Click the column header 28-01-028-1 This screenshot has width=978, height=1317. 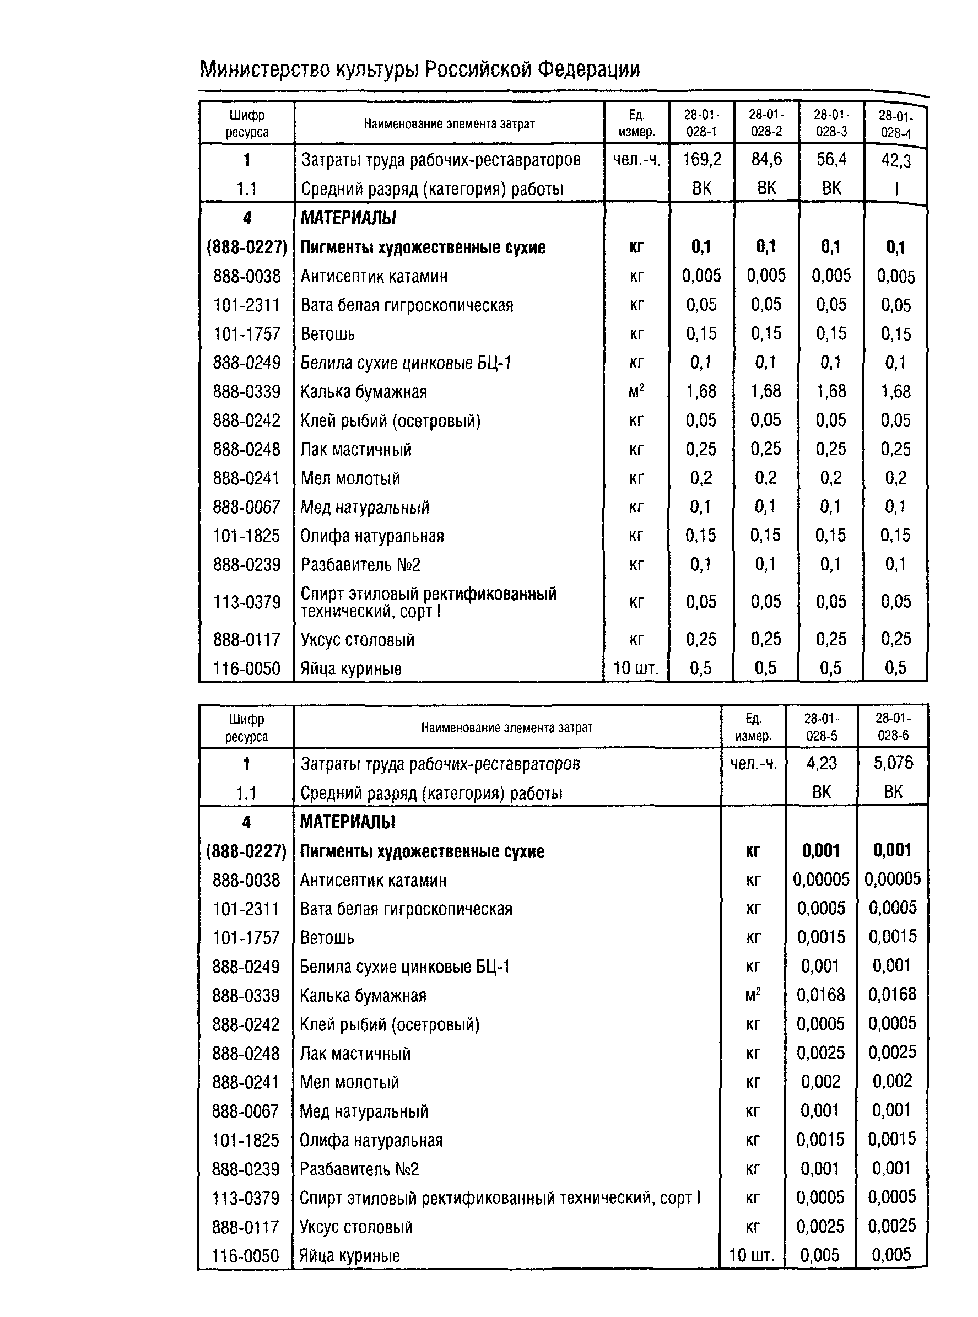coord(701,123)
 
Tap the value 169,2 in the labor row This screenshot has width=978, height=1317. coord(701,159)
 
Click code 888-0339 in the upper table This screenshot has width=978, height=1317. coord(246,392)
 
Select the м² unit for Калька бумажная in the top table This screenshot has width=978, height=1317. coord(636,391)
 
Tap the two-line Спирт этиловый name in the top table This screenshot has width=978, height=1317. coord(428,602)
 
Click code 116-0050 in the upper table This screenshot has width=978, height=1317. coord(246,669)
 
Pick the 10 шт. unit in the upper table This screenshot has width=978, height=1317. coord(636,669)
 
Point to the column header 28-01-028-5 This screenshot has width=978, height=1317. coord(821,727)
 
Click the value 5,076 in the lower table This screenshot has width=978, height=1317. coord(893,763)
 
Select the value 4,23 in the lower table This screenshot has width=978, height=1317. coord(821,763)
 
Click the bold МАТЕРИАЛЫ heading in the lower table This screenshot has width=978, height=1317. coord(347,822)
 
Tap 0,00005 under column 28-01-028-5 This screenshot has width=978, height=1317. coord(821,879)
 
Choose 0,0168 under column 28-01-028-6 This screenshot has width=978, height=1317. coord(892,995)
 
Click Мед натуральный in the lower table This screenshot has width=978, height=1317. coord(364,1111)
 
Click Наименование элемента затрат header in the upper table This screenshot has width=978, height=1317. coord(449,123)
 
